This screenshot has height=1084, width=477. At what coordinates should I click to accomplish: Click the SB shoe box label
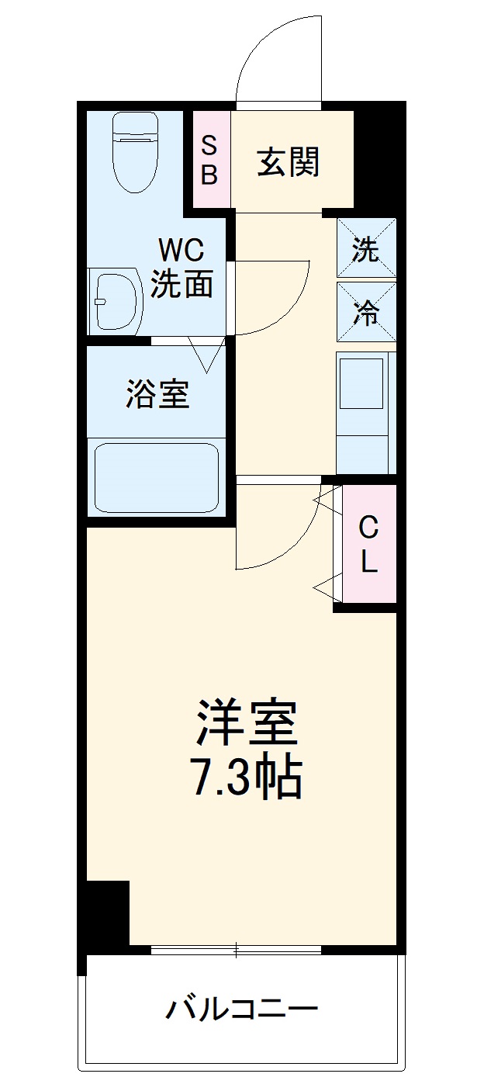209,160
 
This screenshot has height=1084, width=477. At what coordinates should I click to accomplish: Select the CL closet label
368,545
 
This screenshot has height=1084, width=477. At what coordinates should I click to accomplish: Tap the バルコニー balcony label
242,1010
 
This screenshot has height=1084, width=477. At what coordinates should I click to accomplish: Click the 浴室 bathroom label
157,395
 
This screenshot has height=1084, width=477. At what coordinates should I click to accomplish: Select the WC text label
181,250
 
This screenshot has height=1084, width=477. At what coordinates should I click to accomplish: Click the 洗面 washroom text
181,285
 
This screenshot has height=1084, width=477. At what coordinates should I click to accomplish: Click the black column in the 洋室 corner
107,911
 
